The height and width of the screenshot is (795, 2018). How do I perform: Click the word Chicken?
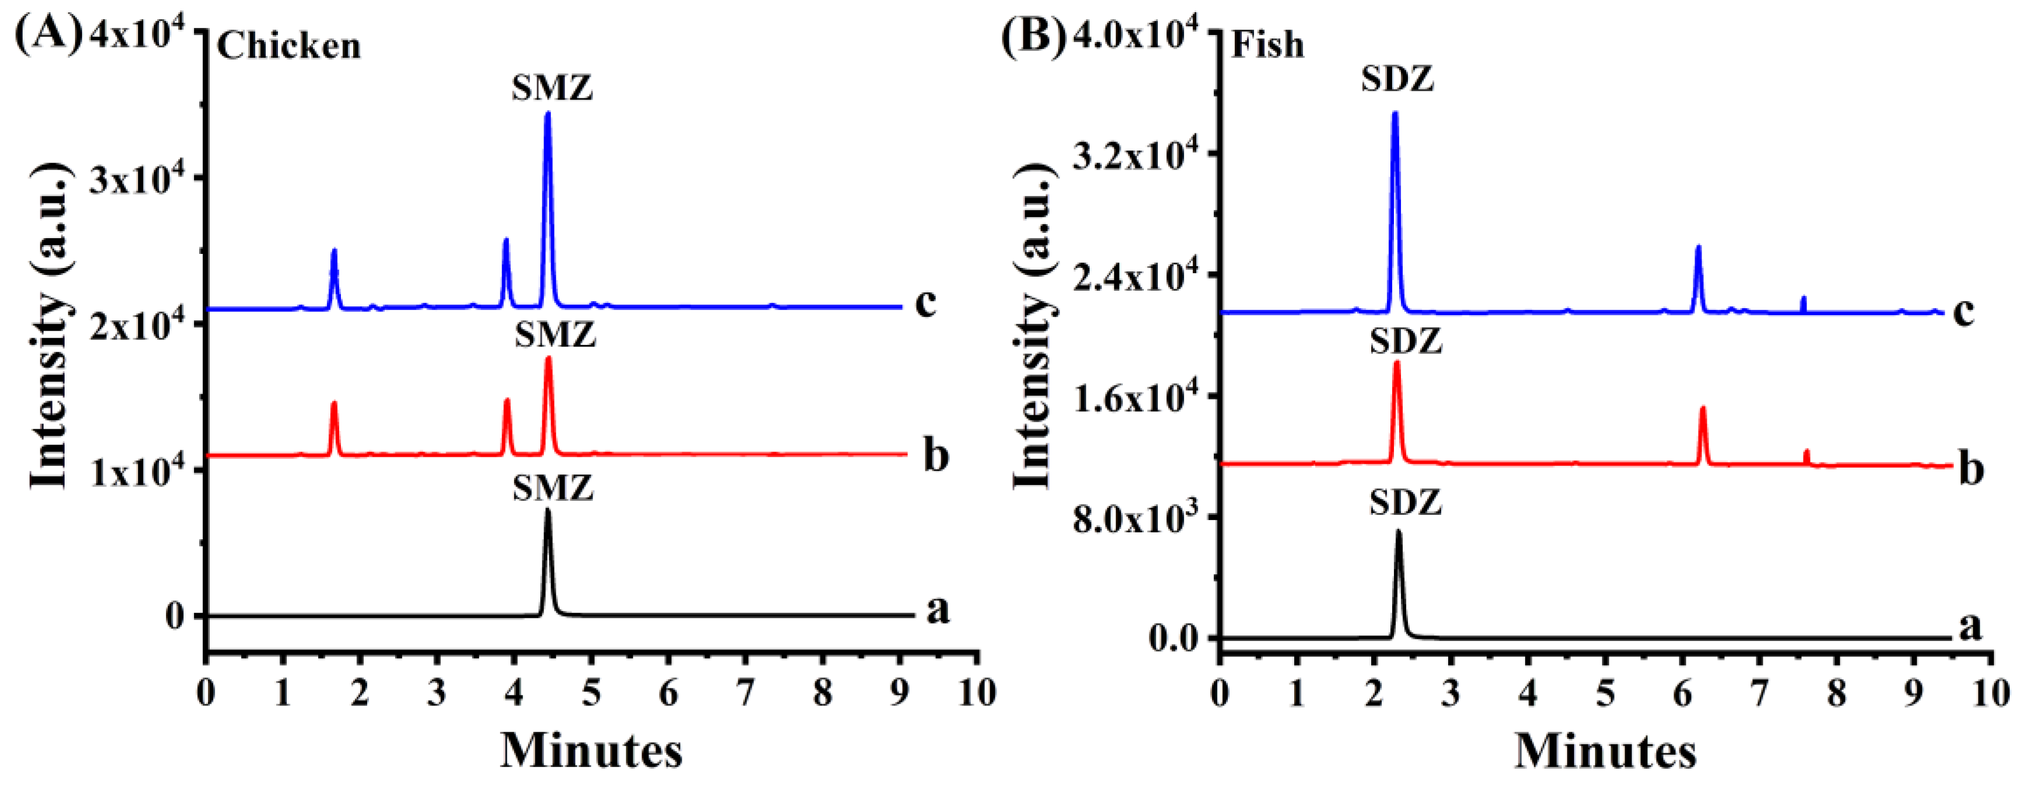(288, 47)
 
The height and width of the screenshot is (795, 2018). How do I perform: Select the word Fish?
(1267, 45)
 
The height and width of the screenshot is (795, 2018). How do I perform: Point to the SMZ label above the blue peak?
(552, 88)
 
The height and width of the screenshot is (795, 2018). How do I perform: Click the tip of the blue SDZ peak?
(1394, 114)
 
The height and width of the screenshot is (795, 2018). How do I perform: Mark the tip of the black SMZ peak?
(547, 511)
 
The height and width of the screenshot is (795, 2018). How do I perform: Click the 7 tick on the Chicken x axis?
(745, 692)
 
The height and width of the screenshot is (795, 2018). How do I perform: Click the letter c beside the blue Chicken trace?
(925, 302)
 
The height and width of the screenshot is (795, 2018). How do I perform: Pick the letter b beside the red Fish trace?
(1971, 470)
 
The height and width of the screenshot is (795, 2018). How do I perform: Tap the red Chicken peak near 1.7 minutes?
(334, 404)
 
